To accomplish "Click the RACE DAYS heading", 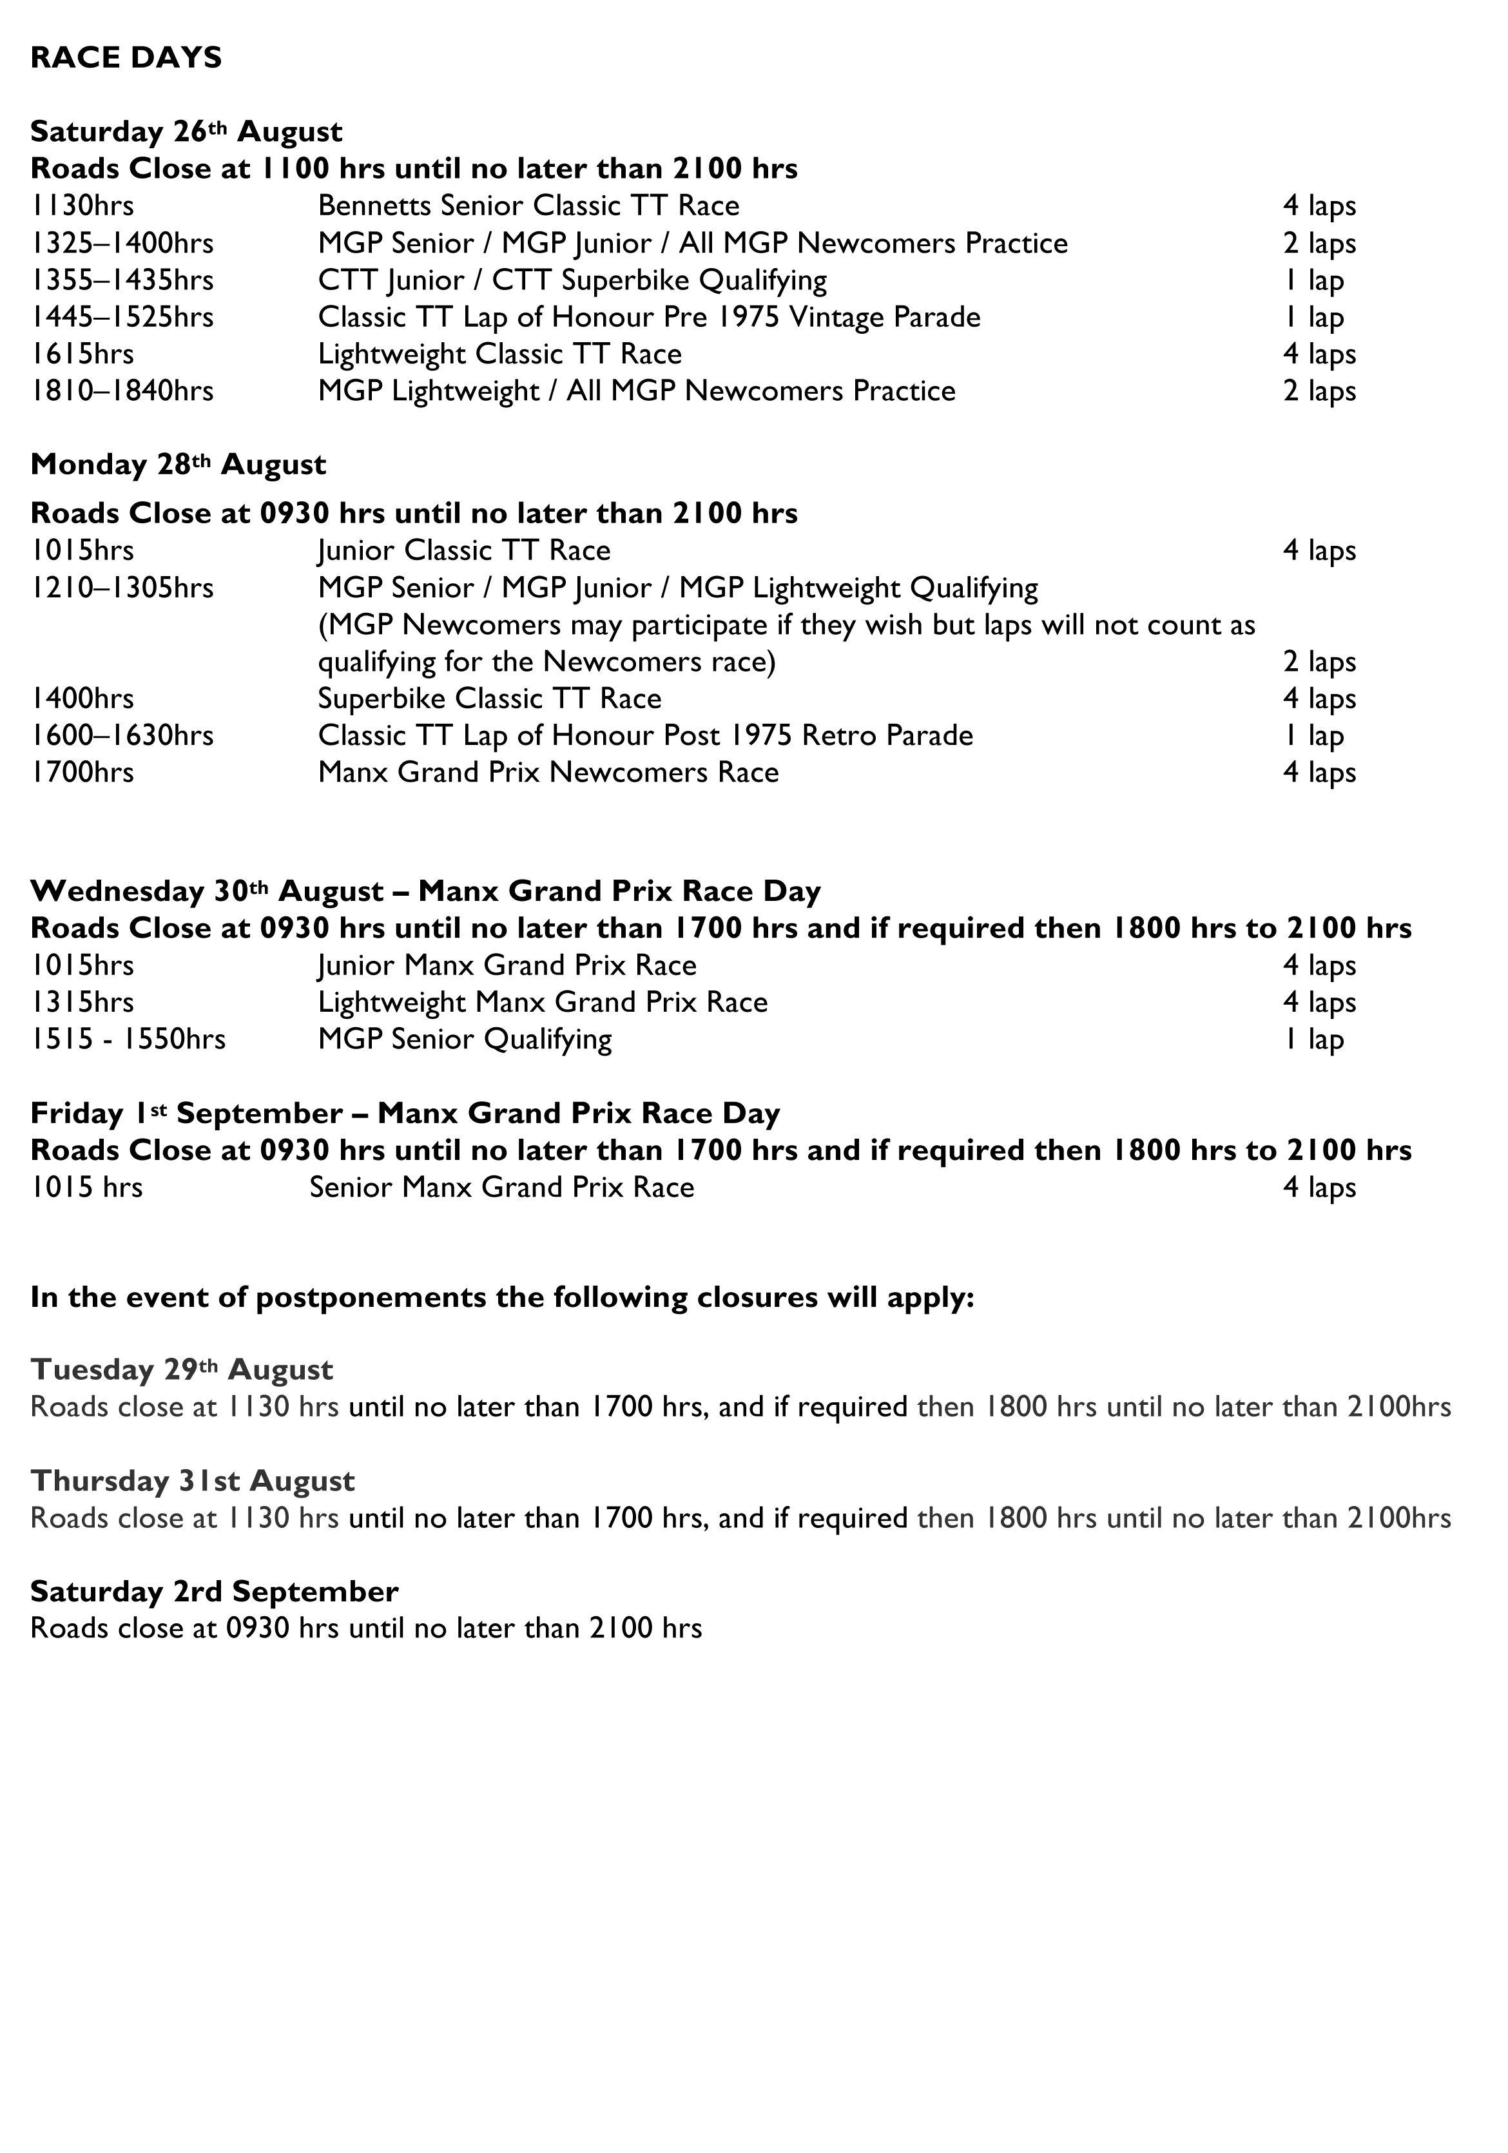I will pos(126,58).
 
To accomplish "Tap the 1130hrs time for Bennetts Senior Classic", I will pos(82,206).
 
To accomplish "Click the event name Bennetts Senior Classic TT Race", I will pos(528,206).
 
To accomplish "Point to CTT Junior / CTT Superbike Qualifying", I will pos(572,280).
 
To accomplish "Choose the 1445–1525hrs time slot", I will pos(122,317).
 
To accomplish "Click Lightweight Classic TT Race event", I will pos(499,354).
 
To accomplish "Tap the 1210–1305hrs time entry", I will pos(122,588).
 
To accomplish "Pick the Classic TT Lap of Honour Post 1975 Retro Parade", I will pos(645,735).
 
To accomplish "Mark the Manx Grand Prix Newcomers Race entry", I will pos(548,773).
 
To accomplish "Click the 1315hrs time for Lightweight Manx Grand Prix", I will pos(82,1003).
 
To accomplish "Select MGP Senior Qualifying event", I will pos(464,1039).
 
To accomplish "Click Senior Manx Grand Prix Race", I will pos(502,1187).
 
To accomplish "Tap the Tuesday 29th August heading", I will pos(181,1370).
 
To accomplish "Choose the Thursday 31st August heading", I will pos(192,1481).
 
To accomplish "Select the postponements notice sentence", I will pos(502,1298).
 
